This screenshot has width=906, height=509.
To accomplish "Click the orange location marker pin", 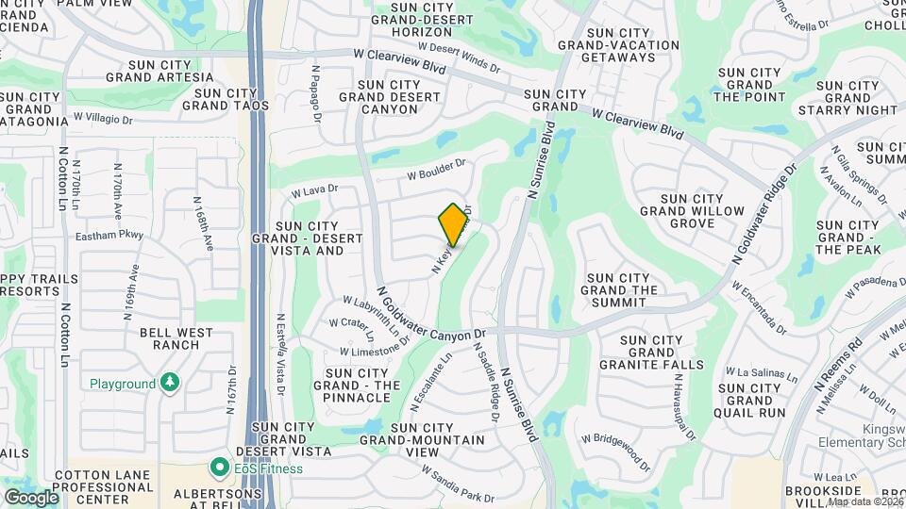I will click(x=454, y=224).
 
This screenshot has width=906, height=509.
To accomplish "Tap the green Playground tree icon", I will click(x=170, y=383).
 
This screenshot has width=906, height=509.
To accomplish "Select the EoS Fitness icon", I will click(x=219, y=468).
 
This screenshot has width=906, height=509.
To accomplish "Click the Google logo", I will click(x=31, y=497).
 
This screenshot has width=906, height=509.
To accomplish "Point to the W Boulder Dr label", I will click(x=437, y=169).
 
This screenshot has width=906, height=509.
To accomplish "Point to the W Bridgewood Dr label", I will click(x=615, y=452).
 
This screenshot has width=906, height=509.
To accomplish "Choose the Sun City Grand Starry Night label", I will click(x=855, y=97).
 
